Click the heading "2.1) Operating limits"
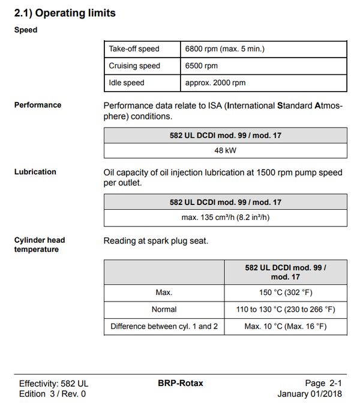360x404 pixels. (x=65, y=12)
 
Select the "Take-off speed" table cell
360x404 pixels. (x=134, y=49)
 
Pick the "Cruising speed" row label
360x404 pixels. (x=134, y=66)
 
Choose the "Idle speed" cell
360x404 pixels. (x=127, y=83)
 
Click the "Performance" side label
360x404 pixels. (x=38, y=105)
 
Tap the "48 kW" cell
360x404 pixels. (x=225, y=150)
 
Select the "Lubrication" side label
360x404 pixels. (x=35, y=172)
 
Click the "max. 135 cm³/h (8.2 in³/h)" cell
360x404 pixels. (x=225, y=218)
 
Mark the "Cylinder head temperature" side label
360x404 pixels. (x=40, y=245)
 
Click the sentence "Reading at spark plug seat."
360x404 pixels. (x=155, y=241)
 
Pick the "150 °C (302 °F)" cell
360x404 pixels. (x=286, y=293)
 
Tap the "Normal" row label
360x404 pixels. (x=164, y=309)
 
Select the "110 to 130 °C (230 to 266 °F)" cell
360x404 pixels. (x=286, y=309)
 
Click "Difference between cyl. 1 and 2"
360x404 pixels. (x=164, y=327)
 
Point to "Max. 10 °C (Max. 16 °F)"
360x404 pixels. (x=286, y=327)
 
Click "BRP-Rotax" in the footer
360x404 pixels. (x=181, y=383)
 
